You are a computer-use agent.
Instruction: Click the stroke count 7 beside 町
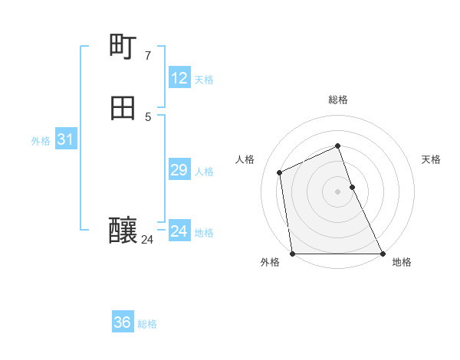(147, 55)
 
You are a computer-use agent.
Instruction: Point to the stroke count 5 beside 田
(147, 116)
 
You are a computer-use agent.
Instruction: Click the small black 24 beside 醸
(147, 239)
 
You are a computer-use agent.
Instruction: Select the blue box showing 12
(179, 78)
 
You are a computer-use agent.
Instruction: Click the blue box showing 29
(179, 170)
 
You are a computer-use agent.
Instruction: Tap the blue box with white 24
(179, 231)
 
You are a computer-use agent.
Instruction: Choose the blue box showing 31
(65, 140)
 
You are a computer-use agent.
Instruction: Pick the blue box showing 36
(123, 322)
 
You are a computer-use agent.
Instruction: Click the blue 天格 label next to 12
(204, 80)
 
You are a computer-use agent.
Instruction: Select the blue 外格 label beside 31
(41, 141)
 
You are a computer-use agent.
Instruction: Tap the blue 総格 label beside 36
(147, 324)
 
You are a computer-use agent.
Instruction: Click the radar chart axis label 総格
(337, 100)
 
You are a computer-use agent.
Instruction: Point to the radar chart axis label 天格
(431, 159)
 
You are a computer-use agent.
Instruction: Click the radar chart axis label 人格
(245, 159)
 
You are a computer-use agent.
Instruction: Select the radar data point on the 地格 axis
(382, 254)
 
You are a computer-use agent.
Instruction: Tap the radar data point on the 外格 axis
(292, 254)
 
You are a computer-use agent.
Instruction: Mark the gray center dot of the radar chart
(337, 191)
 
